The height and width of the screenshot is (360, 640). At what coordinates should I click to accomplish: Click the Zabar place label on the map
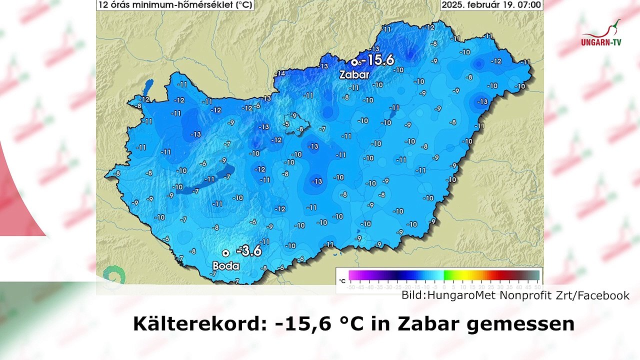[354, 75]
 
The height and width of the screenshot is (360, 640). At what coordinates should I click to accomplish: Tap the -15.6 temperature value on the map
[376, 60]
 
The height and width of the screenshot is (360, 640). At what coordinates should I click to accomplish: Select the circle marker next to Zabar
[354, 62]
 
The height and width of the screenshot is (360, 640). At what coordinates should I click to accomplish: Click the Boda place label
[226, 266]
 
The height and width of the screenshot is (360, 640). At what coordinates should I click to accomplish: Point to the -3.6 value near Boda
[249, 250]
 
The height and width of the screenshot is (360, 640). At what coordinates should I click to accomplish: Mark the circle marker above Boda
[226, 253]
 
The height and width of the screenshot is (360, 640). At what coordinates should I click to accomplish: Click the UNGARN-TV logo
[601, 35]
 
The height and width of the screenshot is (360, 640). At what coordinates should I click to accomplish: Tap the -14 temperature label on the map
[280, 73]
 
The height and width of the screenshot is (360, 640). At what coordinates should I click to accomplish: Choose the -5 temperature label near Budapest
[286, 124]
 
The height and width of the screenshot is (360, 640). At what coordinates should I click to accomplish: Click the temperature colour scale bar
[444, 275]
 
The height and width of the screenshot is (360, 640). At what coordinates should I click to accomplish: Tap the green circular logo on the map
[113, 275]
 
